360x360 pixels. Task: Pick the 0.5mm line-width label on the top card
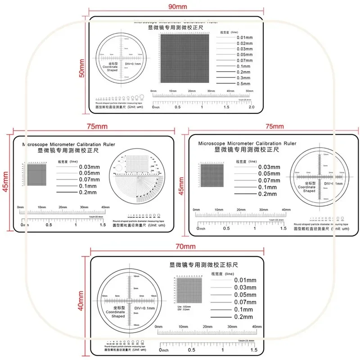[x=243, y=84]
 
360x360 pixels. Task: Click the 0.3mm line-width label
[x=243, y=78]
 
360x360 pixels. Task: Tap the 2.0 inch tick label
[x=251, y=107]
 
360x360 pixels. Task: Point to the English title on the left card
[x=68, y=145]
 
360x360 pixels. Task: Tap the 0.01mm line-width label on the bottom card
[x=245, y=280]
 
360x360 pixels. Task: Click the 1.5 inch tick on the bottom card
[x=253, y=350]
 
